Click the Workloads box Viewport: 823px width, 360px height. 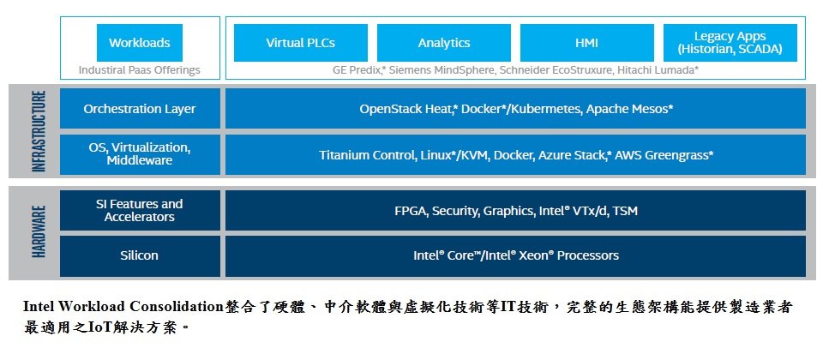140,43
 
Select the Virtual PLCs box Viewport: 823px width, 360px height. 301,43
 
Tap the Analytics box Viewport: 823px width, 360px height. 444,43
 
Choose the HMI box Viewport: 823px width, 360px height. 586,43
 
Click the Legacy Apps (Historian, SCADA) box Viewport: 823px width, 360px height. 730,43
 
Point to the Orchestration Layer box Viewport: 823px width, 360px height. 140,109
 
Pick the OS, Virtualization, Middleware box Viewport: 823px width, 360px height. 140,154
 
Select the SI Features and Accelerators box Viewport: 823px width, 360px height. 140,211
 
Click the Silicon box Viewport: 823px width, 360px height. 140,255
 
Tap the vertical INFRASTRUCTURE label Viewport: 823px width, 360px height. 39,131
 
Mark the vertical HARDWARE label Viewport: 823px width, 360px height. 39,231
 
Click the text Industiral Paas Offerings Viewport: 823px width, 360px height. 140,69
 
